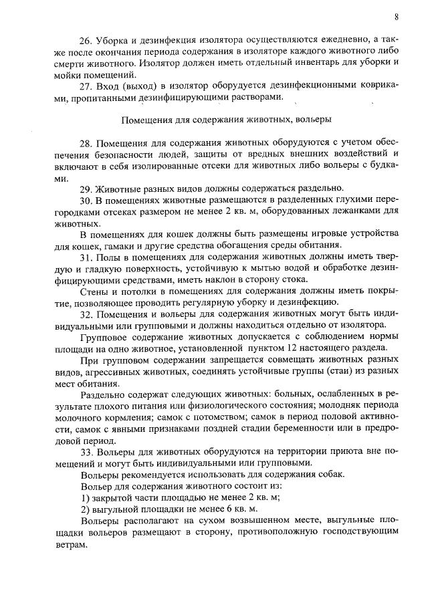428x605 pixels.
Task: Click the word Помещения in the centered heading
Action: [x=142, y=120]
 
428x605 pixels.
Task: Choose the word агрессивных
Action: [x=100, y=372]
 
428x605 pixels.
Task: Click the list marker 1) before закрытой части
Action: [x=84, y=497]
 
